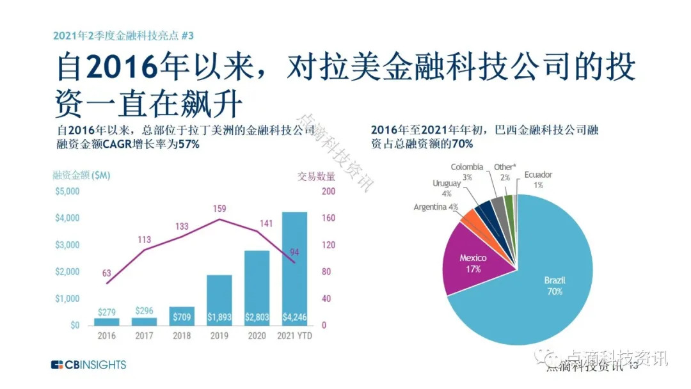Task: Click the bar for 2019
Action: click(219, 301)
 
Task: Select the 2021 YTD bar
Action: click(294, 269)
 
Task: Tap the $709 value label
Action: click(182, 317)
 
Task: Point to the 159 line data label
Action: click(219, 209)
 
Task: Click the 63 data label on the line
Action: click(107, 273)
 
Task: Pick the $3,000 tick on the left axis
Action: click(67, 245)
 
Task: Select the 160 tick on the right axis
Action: click(328, 218)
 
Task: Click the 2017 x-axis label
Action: click(144, 336)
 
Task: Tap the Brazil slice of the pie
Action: click(542, 287)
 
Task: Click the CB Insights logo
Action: click(88, 365)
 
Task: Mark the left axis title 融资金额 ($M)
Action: click(81, 175)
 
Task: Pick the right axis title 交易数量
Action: click(316, 176)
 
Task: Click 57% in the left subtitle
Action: click(189, 144)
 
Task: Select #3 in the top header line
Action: click(187, 36)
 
